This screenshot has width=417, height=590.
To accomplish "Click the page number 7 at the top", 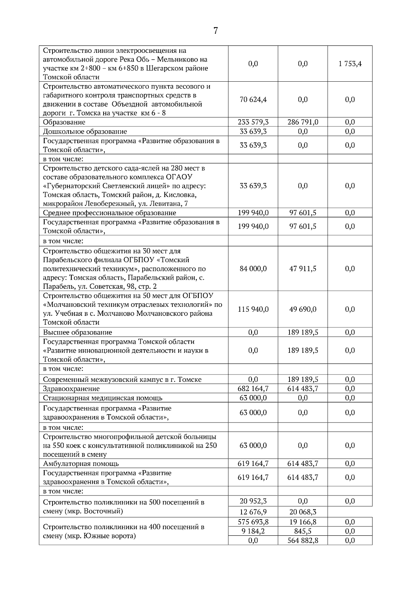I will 215,31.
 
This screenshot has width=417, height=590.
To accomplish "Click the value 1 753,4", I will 350,64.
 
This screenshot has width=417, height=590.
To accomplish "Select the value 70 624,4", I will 253,100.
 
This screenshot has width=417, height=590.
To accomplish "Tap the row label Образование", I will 64,122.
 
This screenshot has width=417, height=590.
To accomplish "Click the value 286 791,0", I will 303,122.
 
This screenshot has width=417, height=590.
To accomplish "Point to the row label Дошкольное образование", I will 85,132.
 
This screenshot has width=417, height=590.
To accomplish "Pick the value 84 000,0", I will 253,269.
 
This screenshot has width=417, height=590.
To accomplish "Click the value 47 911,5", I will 303,269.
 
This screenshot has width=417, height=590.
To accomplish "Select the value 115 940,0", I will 253,310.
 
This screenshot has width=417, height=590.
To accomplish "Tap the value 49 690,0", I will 303,310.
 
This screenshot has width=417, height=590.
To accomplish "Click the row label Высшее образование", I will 77,333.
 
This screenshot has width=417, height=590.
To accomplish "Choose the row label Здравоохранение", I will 71,389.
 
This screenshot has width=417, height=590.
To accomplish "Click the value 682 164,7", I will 253,389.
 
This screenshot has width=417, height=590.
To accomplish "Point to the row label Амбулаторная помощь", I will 81,464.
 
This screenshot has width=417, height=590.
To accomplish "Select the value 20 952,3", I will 253,501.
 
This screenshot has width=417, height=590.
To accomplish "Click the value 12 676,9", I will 253,512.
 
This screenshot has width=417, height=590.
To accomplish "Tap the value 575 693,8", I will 253,522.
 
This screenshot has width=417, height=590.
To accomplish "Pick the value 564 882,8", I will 303,541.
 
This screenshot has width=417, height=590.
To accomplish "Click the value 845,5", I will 303,531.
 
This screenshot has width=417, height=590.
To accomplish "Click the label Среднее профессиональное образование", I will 109,213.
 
